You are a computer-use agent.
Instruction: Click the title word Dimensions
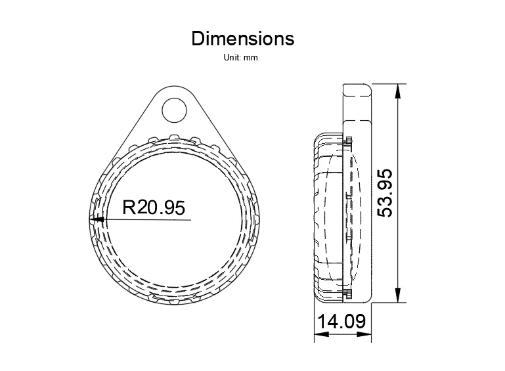pos(243,39)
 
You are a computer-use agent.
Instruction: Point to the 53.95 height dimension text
pos(385,192)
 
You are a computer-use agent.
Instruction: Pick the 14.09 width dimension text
pos(341,322)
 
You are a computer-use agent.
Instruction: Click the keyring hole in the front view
pos(174,110)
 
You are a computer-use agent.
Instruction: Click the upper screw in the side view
pos(348,141)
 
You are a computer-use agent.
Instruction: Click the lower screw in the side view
pos(348,292)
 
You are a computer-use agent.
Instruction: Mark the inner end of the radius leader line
pos(190,220)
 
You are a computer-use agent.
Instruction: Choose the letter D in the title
pos(198,39)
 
